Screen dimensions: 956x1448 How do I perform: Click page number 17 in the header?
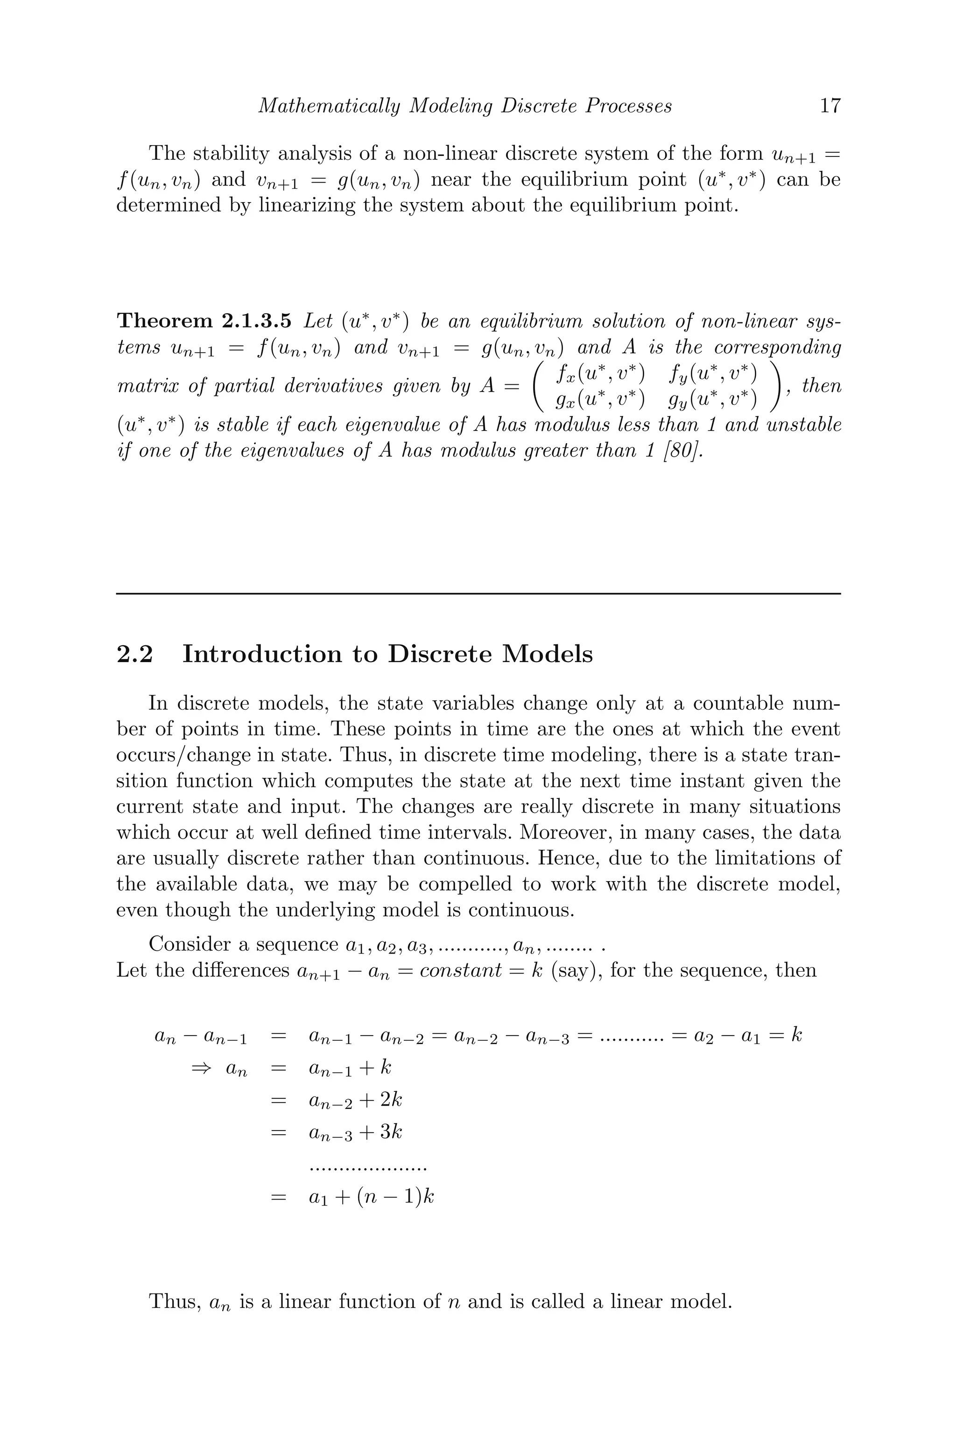coord(830,106)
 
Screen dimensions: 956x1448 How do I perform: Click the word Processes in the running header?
coord(628,106)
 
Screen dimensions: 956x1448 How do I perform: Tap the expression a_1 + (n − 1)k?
coord(371,1197)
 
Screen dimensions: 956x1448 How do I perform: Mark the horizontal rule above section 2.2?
coord(478,593)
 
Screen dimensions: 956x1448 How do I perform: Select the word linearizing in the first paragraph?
coord(308,205)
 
